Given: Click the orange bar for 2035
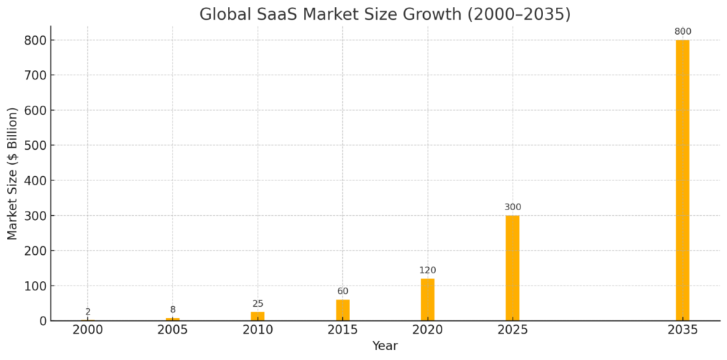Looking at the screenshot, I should [682, 180].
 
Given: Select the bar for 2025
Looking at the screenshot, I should [513, 268].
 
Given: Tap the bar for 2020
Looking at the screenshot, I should [427, 300].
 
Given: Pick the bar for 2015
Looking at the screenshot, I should [343, 310].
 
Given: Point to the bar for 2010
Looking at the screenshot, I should [258, 316].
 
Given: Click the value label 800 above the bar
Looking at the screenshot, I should [683, 31].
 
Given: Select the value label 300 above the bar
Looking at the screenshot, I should [513, 207].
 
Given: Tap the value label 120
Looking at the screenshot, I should [427, 271].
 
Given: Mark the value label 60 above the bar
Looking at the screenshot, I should [343, 291].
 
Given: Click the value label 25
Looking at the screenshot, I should [258, 304].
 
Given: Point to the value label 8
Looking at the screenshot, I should [173, 310].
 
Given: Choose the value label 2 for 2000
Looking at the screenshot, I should [88, 312].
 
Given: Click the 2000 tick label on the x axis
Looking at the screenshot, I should [88, 330].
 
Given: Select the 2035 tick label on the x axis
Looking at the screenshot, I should [683, 330].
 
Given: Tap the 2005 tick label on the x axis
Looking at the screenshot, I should [173, 330].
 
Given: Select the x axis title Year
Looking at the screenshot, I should [385, 347].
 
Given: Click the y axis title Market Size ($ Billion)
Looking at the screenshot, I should [13, 174].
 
